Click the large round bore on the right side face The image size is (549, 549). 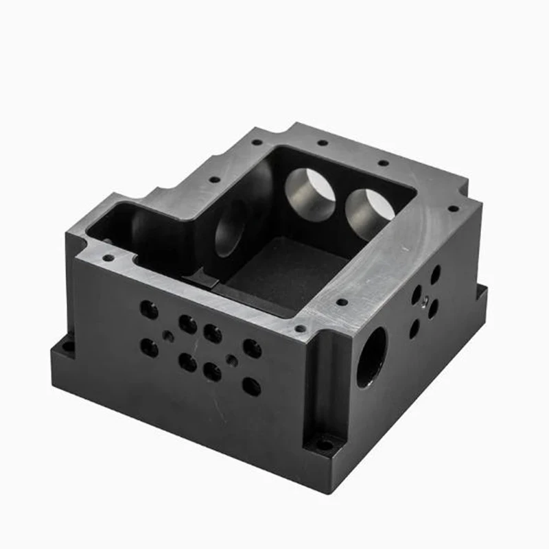click(371, 356)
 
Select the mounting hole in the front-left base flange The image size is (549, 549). click(69, 344)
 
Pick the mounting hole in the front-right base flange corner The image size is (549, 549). click(325, 444)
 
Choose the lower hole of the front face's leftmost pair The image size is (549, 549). click(149, 347)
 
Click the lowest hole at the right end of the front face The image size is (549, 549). click(252, 386)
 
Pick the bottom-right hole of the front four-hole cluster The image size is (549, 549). click(213, 371)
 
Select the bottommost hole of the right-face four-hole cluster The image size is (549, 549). click(414, 329)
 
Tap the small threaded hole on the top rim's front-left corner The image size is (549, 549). click(108, 259)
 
